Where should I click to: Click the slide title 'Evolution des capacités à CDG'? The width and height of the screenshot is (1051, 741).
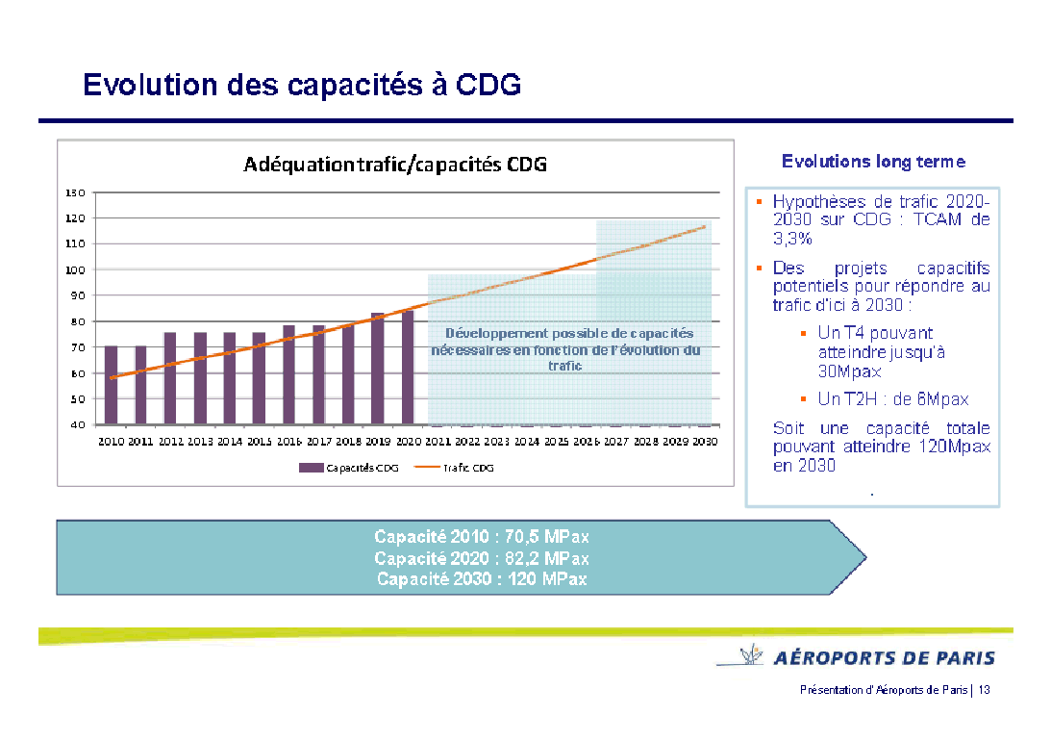[x=302, y=85]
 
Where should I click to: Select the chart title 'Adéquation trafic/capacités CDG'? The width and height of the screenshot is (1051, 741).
[x=395, y=164]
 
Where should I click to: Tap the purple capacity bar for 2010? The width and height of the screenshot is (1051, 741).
[x=112, y=385]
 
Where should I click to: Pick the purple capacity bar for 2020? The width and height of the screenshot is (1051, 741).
[x=408, y=368]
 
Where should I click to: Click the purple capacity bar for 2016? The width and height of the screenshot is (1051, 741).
[x=288, y=375]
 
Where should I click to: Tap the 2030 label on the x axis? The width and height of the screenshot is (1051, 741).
[x=705, y=442]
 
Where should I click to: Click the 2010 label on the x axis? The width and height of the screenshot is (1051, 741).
[x=112, y=442]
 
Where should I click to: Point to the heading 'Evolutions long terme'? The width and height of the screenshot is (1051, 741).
[x=873, y=162]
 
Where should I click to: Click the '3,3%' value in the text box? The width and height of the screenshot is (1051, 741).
[x=792, y=238]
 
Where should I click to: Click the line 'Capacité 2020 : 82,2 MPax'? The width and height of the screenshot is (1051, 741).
[x=482, y=558]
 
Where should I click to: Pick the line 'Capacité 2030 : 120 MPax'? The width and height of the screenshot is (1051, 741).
[x=482, y=579]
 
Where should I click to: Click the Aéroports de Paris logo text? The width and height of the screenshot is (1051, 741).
[x=884, y=658]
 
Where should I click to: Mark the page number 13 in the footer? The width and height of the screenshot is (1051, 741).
[x=985, y=690]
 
